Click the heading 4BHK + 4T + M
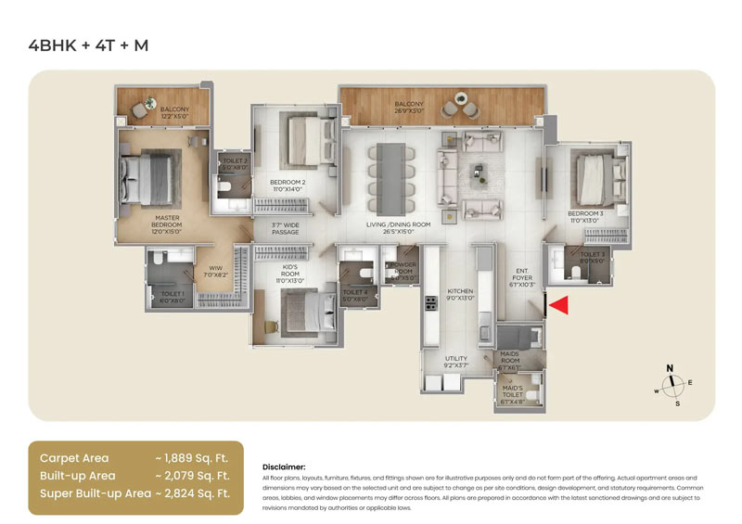point(88,44)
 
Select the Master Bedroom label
point(167,224)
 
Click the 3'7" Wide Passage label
point(285,228)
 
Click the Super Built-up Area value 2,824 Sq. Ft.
point(192,493)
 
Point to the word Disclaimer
point(284,467)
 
